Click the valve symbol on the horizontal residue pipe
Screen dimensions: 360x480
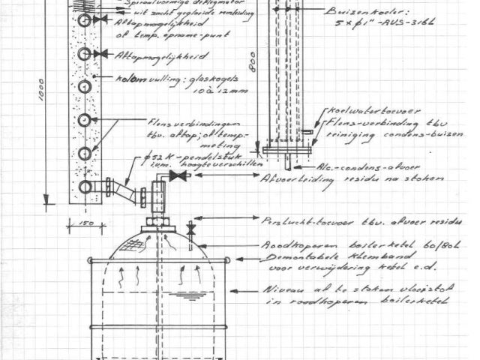click(x=178, y=177)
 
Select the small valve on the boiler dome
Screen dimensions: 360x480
click(x=191, y=227)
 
